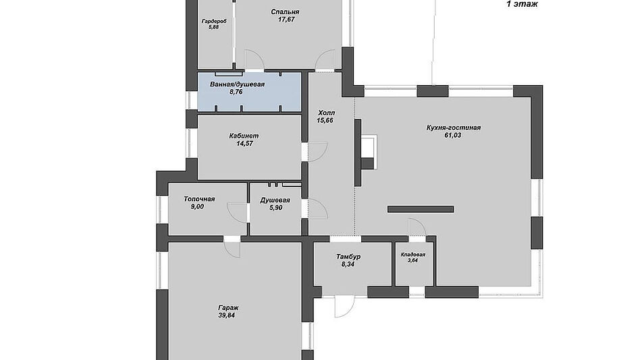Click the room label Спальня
(x=285, y=12)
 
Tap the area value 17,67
(x=286, y=19)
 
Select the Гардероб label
(x=214, y=21)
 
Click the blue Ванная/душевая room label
(x=237, y=84)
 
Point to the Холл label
(x=326, y=113)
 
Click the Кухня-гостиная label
(x=453, y=128)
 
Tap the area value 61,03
(x=453, y=135)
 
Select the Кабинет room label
(x=244, y=136)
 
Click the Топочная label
(x=199, y=199)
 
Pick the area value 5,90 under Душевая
(x=276, y=208)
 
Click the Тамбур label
(x=348, y=257)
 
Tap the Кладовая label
(x=412, y=255)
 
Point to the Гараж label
(x=228, y=307)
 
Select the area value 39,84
(x=227, y=315)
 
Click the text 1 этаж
(x=522, y=5)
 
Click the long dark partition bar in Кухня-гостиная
(x=421, y=209)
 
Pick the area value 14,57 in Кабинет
(x=244, y=144)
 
